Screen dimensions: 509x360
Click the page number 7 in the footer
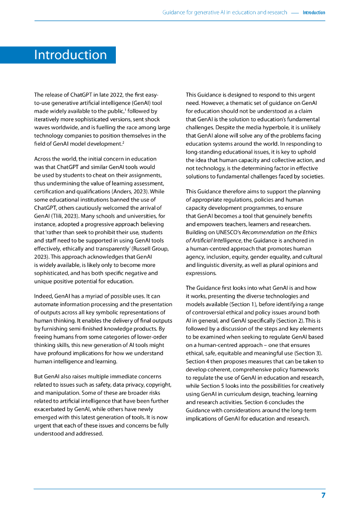click(323, 496)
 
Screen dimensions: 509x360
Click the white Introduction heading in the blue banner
click(70, 55)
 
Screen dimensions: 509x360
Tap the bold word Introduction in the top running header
click(314, 12)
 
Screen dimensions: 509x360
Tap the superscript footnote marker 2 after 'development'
click(123, 142)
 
